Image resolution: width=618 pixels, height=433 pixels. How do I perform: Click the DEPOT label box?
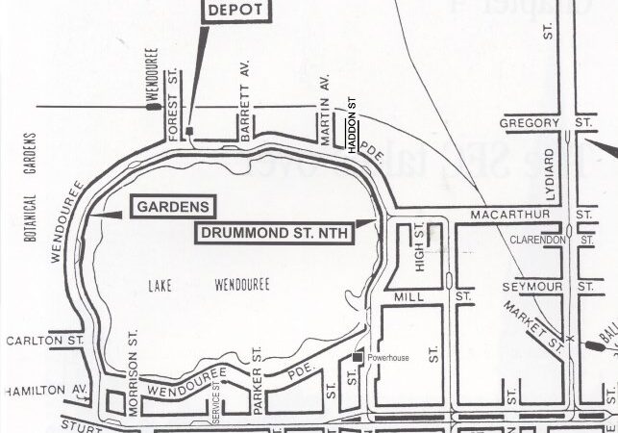(x=235, y=10)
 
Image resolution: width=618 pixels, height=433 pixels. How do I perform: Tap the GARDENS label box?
(x=161, y=207)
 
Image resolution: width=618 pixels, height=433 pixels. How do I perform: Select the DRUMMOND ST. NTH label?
(x=274, y=232)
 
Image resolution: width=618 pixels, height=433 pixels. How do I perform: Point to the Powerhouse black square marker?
(x=357, y=358)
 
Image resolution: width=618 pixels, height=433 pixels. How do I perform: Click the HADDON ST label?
(x=352, y=128)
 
